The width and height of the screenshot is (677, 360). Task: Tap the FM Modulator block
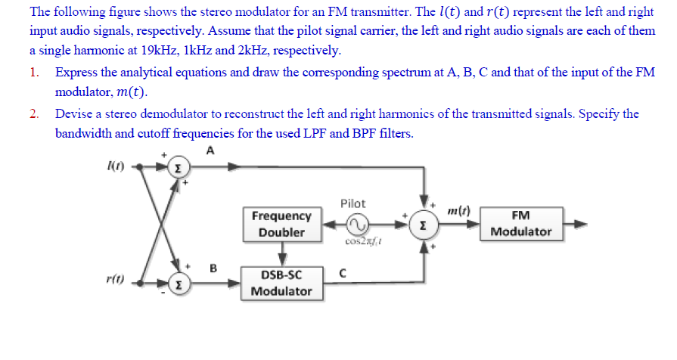[521, 224]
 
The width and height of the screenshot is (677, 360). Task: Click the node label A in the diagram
[210, 150]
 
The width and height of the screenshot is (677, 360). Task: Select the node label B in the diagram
[213, 267]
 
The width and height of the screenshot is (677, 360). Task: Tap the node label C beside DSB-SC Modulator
[343, 274]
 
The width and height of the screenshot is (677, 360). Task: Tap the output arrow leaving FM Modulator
[576, 224]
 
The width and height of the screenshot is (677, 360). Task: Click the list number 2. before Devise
[35, 113]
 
